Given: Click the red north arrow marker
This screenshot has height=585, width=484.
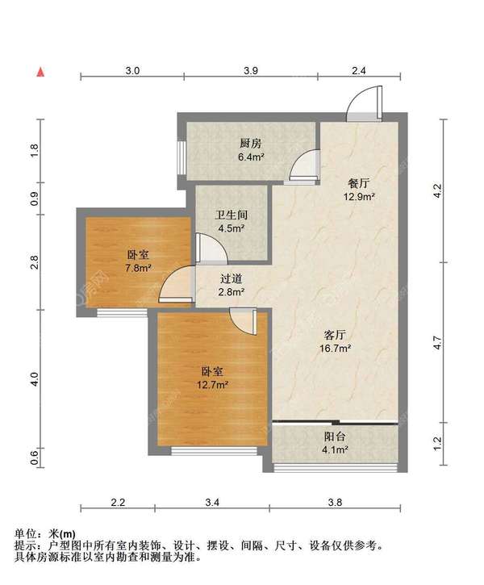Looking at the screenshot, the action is [x=40, y=72].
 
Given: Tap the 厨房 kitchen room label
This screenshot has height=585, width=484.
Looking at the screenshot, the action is [x=251, y=144].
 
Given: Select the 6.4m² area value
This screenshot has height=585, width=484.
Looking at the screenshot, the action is [x=252, y=157].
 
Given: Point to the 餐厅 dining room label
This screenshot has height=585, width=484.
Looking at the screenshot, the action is [x=359, y=183].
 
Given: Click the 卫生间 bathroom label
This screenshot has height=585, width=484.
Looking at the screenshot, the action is [x=232, y=215].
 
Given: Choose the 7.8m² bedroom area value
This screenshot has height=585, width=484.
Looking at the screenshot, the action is [x=138, y=268].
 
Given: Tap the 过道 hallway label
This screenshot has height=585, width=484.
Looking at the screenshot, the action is [x=232, y=278].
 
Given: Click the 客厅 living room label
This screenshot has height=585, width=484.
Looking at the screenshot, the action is [x=335, y=335].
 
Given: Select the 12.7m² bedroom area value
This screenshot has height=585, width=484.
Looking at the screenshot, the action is [x=212, y=385].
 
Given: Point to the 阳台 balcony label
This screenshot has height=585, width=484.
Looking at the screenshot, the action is [x=335, y=437].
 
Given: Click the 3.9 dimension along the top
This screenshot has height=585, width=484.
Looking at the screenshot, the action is [x=251, y=70].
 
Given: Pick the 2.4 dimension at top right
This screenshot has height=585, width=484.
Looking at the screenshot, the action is [x=359, y=70].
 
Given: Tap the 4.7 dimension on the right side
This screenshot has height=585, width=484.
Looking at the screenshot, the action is [x=437, y=342].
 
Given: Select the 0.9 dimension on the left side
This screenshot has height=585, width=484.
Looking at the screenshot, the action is [x=35, y=198].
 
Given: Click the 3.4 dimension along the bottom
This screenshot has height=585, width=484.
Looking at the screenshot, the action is [x=212, y=503].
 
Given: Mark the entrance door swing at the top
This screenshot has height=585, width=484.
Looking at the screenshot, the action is [x=365, y=103].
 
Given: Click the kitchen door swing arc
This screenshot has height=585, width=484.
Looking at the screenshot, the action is [x=305, y=165].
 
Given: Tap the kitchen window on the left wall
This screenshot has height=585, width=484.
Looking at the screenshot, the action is [x=181, y=157].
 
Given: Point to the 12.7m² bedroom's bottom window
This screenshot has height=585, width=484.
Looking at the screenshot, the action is [x=215, y=451].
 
